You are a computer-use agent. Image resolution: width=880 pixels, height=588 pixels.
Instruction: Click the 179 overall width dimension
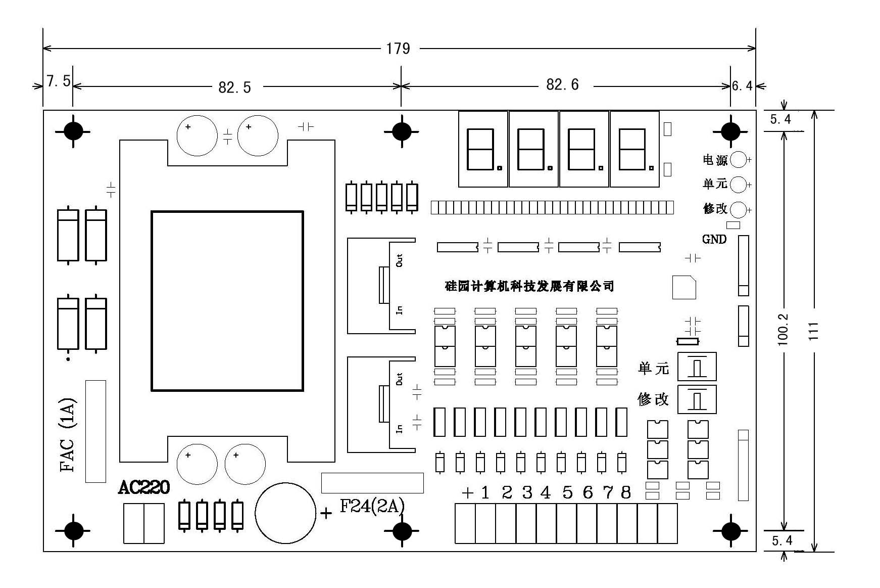(x=398, y=49)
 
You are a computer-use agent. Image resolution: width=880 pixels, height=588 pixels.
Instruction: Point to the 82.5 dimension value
(x=234, y=87)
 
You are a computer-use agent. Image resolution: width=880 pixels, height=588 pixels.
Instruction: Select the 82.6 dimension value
(x=562, y=84)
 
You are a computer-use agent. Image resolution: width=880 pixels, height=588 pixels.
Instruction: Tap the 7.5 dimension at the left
(x=59, y=81)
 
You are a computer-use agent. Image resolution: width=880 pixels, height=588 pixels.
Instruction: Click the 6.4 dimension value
(x=742, y=86)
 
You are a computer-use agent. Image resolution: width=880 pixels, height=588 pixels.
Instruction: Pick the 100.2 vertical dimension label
(x=783, y=330)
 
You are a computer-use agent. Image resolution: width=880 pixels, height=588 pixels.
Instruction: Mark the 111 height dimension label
(x=813, y=331)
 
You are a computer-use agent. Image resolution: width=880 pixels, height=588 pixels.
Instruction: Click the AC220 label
(x=144, y=488)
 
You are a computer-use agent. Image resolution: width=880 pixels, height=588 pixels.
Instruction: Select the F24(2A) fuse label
(x=372, y=506)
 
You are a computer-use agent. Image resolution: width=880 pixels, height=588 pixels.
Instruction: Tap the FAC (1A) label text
(x=68, y=435)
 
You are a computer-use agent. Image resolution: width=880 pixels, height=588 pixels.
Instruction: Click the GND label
(x=714, y=239)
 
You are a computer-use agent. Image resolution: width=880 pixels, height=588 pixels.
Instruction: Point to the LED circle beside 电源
(x=739, y=160)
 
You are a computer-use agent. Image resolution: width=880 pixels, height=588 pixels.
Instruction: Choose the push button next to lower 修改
(x=697, y=399)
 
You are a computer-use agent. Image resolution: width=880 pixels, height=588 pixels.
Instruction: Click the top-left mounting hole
(x=73, y=131)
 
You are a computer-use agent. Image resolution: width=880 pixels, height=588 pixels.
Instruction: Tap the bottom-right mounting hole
(x=730, y=531)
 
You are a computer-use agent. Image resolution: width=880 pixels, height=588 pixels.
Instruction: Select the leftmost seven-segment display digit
(x=483, y=149)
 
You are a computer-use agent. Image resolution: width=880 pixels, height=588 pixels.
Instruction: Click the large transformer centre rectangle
(x=227, y=301)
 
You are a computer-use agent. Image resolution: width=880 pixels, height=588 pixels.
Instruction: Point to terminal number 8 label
(x=626, y=492)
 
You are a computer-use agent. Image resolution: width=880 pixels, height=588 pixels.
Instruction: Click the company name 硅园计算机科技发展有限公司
(x=529, y=286)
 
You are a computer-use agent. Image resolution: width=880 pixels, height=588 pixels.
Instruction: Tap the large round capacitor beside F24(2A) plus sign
(x=285, y=513)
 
